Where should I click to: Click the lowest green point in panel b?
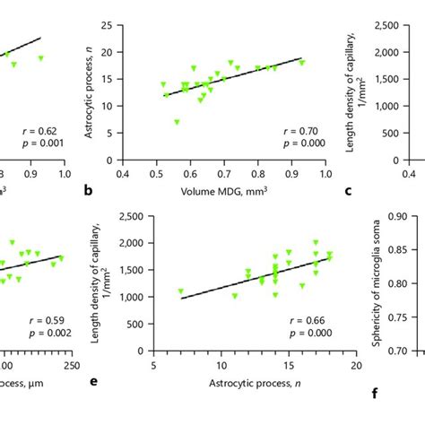[x=177, y=121]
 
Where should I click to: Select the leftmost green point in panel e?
[x=180, y=291]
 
